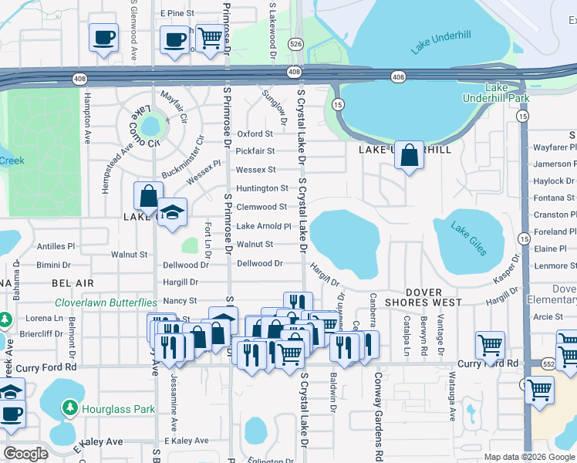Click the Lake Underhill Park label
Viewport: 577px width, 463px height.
tap(496, 93)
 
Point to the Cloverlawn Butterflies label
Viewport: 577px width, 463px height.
tap(106, 302)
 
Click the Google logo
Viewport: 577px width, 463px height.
tap(25, 453)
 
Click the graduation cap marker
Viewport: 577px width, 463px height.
tap(172, 213)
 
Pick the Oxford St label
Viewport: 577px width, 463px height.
tap(255, 133)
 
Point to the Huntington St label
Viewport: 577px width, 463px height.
tap(262, 188)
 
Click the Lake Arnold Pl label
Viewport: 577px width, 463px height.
tap(263, 226)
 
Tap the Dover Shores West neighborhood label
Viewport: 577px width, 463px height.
tap(423, 298)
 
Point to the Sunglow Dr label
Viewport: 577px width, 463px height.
tap(276, 106)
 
